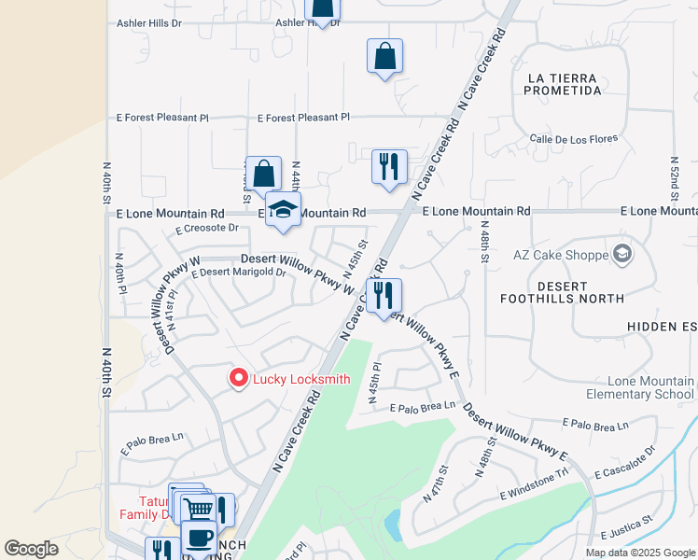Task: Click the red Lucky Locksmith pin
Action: click(238, 378)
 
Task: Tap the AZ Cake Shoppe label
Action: click(559, 254)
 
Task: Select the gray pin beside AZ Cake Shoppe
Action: click(621, 253)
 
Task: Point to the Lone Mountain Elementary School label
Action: click(650, 387)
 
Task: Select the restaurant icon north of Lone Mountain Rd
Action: click(389, 166)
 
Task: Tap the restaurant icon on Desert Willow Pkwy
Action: click(384, 295)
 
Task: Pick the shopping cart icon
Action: click(197, 510)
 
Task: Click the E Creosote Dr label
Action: click(207, 228)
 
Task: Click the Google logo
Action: click(31, 549)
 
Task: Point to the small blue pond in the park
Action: click(393, 525)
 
